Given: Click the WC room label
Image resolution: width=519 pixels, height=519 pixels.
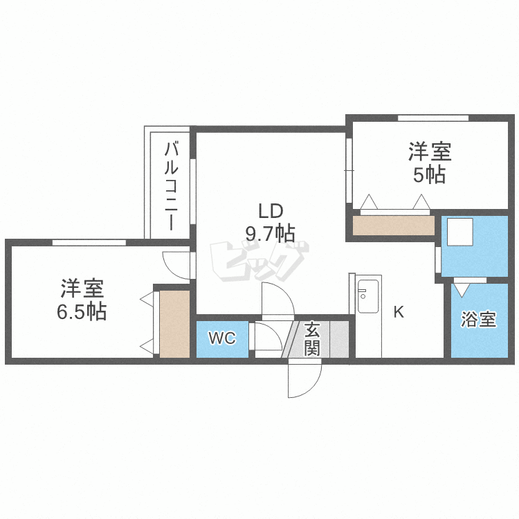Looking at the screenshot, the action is click(x=222, y=338).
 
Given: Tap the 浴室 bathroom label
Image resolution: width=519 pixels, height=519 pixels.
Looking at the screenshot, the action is click(x=479, y=320).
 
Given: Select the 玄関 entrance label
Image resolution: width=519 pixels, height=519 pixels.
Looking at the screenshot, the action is click(x=312, y=338).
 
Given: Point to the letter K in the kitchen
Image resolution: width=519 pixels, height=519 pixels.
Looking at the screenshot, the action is click(x=399, y=311).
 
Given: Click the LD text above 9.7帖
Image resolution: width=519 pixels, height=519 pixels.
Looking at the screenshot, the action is click(x=271, y=211).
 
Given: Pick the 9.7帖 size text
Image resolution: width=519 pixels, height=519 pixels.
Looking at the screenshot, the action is click(x=270, y=233).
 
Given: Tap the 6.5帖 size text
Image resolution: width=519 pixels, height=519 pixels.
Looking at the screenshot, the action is click(x=82, y=311).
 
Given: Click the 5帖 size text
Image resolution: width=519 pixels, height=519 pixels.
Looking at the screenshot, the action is click(x=429, y=174).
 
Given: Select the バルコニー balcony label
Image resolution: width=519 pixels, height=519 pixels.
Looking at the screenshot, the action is click(x=171, y=185).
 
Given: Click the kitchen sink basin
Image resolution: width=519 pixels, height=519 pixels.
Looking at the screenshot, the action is click(x=368, y=296).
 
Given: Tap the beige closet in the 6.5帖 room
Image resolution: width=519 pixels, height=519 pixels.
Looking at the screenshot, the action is click(x=174, y=324).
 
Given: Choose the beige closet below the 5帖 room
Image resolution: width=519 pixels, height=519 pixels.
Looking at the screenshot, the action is click(x=394, y=226).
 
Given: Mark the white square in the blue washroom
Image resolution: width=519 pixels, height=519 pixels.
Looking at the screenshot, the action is click(x=459, y=232).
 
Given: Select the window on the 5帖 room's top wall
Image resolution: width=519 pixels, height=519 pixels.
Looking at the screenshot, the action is click(x=433, y=118).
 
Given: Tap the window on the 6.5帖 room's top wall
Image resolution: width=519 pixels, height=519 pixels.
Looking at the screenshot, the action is click(x=89, y=242).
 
